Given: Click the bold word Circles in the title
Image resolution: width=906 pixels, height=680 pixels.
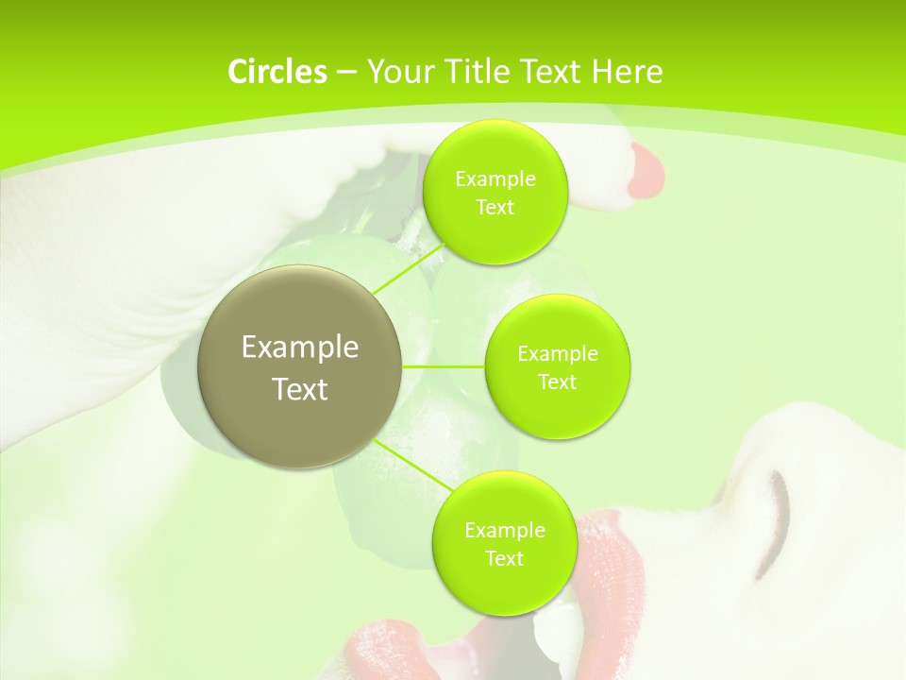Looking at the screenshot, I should click(x=277, y=72).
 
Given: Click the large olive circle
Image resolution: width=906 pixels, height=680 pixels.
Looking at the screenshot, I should click(x=300, y=366).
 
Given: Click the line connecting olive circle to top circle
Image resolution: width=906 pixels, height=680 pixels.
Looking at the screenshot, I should click(x=408, y=266).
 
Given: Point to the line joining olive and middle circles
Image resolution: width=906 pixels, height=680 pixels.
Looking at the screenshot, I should click(x=444, y=365).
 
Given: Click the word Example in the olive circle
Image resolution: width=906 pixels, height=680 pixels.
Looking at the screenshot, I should click(x=300, y=348).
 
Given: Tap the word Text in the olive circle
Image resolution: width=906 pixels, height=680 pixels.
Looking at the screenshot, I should click(x=300, y=389).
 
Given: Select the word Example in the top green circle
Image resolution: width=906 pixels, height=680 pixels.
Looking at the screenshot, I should click(x=495, y=178).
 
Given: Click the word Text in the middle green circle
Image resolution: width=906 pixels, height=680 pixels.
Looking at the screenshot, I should click(x=557, y=382).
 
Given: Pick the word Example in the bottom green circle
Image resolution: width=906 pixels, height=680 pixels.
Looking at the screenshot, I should click(x=504, y=530).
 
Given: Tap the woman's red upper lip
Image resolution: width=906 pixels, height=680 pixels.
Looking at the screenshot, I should click(x=618, y=557).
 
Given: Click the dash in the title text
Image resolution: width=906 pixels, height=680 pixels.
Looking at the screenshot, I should click(x=345, y=73).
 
